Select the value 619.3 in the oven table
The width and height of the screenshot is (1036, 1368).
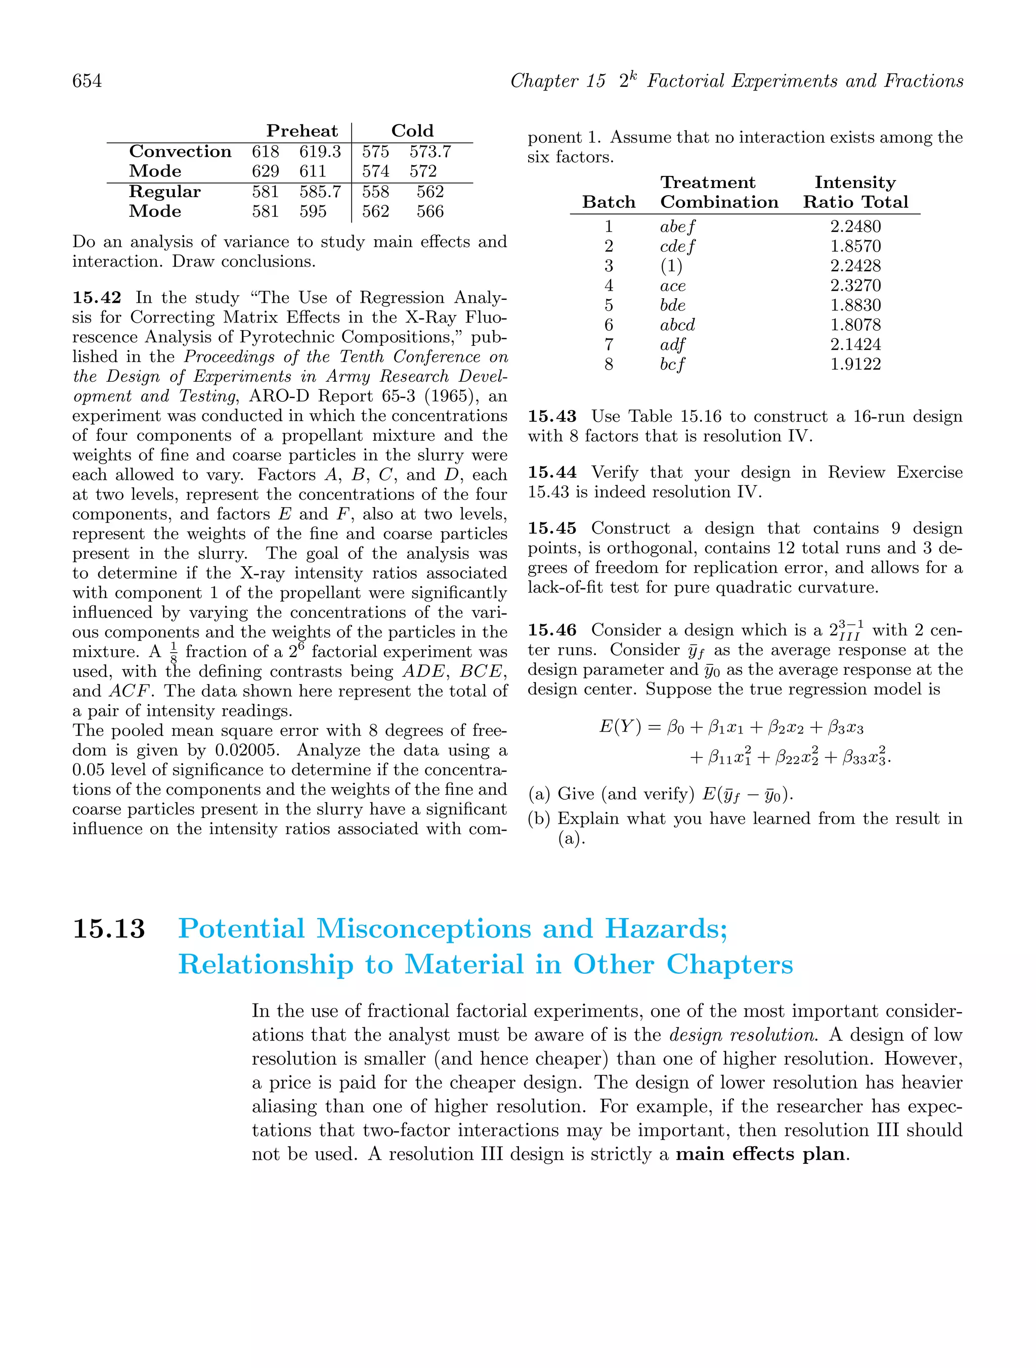(320, 152)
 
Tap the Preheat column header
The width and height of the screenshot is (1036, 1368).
(302, 131)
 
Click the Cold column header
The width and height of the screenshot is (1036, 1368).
(412, 131)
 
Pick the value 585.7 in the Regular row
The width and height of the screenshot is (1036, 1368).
(320, 192)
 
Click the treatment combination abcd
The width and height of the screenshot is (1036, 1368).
(677, 325)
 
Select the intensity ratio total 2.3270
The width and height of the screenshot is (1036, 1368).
(855, 285)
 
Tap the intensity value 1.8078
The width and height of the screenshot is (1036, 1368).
(855, 325)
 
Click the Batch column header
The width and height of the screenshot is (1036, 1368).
(609, 202)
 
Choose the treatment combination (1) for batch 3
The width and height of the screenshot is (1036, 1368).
(671, 266)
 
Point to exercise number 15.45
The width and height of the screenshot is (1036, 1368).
(551, 528)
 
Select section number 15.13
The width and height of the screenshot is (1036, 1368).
(109, 929)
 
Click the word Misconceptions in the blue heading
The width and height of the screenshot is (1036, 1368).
(424, 929)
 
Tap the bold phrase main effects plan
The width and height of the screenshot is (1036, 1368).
(760, 1154)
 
